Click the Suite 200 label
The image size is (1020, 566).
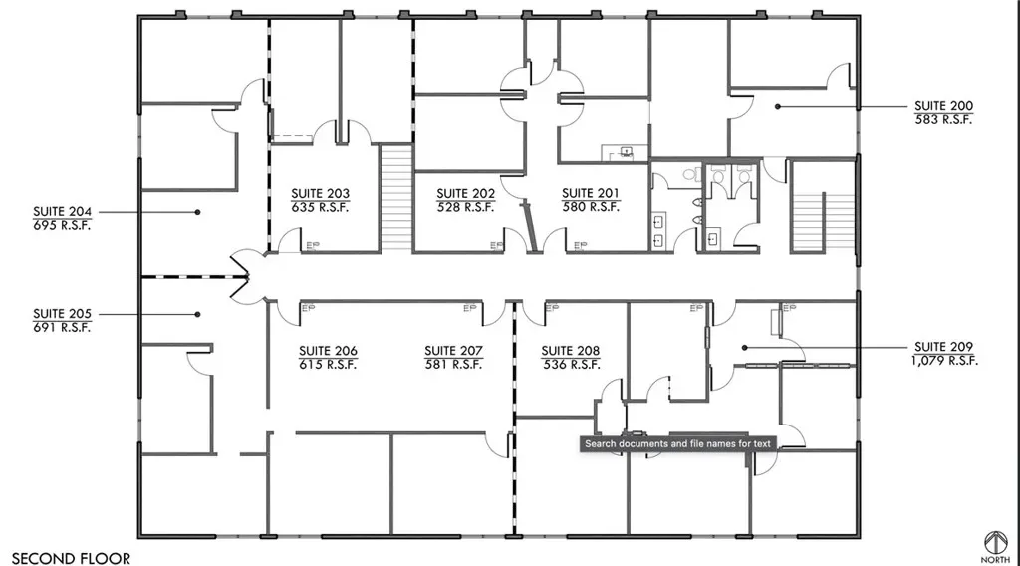(943, 106)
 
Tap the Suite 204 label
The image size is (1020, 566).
(63, 212)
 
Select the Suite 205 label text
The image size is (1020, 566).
(63, 314)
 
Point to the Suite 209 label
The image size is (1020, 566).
(943, 347)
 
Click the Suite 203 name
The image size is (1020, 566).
(320, 194)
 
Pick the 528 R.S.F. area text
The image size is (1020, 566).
(466, 207)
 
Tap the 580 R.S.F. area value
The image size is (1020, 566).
(591, 207)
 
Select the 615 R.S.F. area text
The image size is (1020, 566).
(328, 365)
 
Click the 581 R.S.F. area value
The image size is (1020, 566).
(453, 365)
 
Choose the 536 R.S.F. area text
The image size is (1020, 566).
(571, 365)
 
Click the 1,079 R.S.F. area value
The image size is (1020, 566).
(944, 361)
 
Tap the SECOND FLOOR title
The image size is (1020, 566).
(71, 558)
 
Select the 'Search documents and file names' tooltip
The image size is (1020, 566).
(677, 443)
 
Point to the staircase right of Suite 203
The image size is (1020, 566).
(396, 198)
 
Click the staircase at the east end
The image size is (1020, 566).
(823, 207)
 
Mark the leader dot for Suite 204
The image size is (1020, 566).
(198, 212)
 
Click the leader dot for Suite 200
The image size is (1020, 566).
(777, 106)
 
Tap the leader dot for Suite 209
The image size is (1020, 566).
(745, 348)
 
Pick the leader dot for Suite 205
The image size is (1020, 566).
(198, 314)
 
